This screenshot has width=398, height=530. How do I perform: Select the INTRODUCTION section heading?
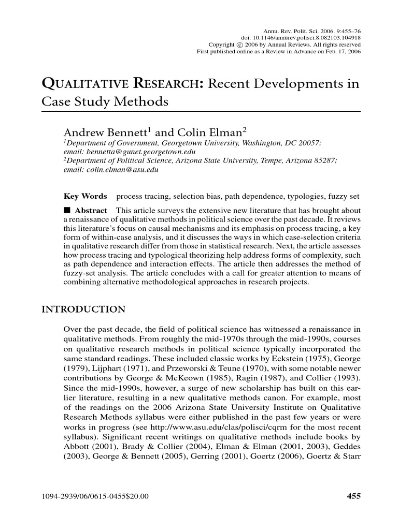pos(83,310)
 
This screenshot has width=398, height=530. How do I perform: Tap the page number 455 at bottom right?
pos(353,496)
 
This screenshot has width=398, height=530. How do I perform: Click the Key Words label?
pos(85,197)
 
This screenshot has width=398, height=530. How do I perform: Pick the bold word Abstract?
pos(91,211)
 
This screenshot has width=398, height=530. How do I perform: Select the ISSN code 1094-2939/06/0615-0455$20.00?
pos(95,496)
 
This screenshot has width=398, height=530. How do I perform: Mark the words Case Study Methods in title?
pos(105,101)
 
